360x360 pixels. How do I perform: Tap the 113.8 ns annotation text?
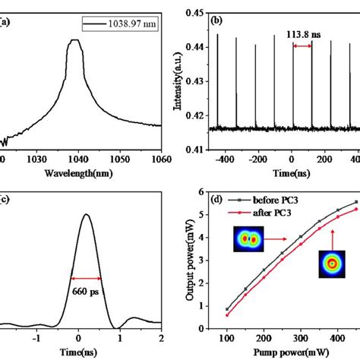[301, 36]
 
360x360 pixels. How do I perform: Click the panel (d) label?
[217, 200]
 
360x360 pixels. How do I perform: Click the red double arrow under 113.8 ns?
[302, 46]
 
